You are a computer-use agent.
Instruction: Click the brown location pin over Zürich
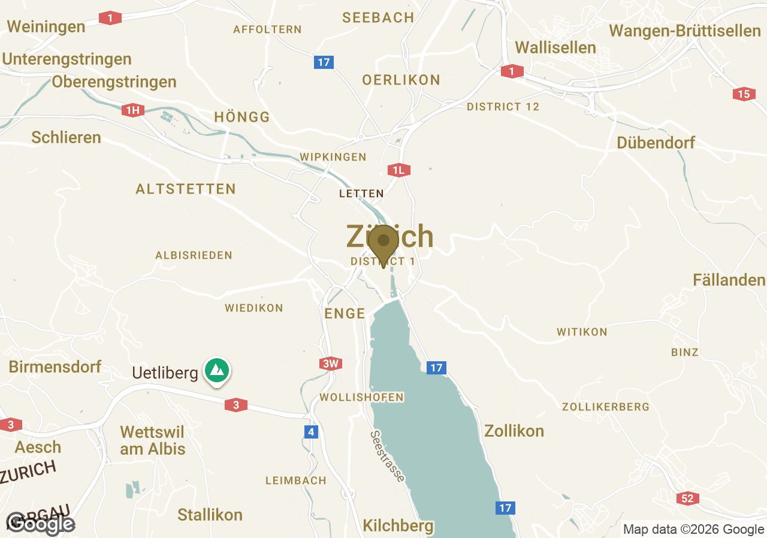383,243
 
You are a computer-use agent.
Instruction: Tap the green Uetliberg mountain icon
217,370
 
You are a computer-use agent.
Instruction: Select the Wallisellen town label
555,47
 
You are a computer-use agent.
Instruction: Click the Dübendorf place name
656,143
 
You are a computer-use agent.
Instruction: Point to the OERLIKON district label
401,80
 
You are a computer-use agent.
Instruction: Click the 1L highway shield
398,170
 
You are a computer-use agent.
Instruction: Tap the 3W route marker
330,364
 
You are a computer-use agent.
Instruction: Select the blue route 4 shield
310,432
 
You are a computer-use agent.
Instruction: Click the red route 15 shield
744,94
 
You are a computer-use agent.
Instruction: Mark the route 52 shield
687,498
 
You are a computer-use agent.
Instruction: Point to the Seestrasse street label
387,456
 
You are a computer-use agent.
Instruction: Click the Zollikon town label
514,431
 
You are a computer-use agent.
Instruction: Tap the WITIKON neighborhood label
582,332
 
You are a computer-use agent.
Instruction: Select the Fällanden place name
729,280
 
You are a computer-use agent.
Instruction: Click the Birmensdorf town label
55,367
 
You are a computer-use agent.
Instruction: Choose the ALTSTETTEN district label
186,189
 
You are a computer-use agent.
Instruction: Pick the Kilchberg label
398,525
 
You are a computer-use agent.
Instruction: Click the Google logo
41,524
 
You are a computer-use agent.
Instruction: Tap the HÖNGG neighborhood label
242,117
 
